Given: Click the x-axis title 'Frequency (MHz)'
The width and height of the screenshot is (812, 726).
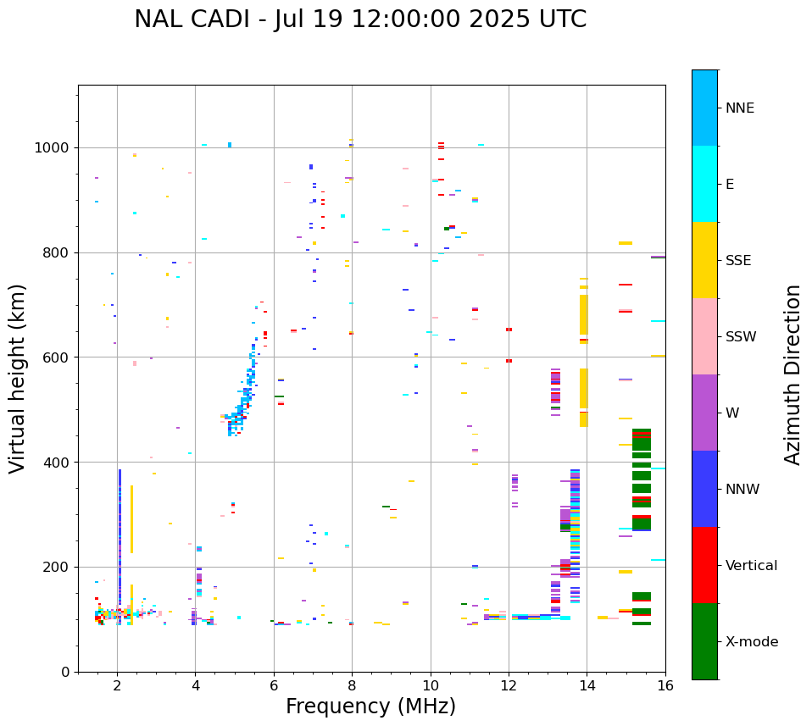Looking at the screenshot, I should point(370,707).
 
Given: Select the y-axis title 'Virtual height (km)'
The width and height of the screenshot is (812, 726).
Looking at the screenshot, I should point(18,379).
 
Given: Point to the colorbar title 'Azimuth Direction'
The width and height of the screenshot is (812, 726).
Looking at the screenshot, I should point(793,374).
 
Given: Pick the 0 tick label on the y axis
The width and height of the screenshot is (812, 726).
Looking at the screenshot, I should point(65,672).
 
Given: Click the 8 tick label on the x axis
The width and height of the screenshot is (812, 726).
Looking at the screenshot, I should point(352,686).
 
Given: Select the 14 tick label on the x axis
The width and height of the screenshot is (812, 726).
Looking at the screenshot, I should point(587,686).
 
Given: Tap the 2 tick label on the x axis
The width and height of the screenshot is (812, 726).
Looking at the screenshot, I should point(117,686).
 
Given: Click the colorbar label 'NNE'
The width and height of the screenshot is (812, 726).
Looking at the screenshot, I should point(739,108).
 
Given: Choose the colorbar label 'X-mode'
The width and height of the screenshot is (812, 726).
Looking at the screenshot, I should point(751,642).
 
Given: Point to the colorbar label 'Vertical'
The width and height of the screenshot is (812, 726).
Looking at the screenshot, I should point(751,566).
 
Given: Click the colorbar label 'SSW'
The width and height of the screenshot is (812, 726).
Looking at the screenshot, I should point(741,337).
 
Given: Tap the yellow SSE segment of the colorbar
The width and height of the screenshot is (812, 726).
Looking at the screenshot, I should point(704,260).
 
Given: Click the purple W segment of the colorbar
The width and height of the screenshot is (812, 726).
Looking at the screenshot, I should point(704,413).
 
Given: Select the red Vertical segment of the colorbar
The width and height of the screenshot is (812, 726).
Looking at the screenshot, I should point(704,565).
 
